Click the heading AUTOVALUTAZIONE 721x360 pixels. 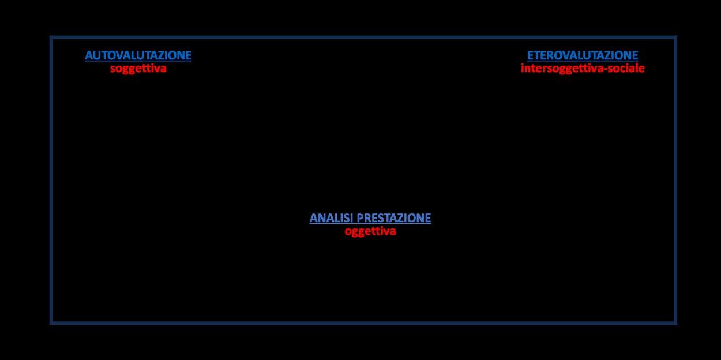point(138,55)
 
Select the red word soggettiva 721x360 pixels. point(138,68)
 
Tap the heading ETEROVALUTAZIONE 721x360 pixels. point(582,55)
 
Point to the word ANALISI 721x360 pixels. point(332,218)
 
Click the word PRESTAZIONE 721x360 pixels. point(394,218)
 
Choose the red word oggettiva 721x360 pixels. point(370,231)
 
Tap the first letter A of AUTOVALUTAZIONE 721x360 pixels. point(89,55)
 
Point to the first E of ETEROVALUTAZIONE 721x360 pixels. point(530,55)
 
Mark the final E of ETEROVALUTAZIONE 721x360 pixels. point(635,55)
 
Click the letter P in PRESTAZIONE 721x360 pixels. point(360,218)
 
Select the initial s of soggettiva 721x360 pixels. point(113,69)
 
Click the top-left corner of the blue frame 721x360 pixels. point(51,37)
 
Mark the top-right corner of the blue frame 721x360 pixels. point(675,37)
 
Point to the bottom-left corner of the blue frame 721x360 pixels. point(51,323)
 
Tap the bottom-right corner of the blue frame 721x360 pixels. point(675,323)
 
